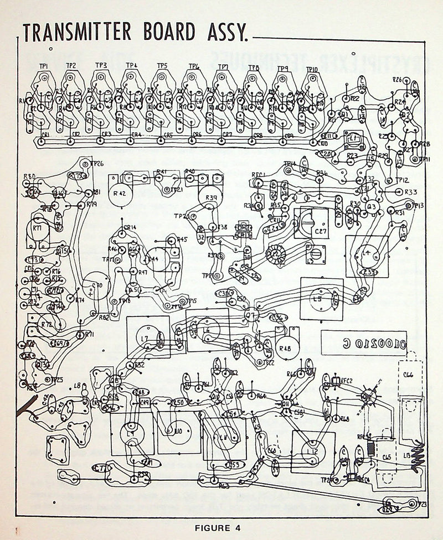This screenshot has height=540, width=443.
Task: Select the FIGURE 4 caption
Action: click(x=218, y=527)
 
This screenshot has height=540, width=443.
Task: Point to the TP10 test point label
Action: click(x=312, y=70)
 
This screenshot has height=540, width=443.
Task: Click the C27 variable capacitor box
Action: click(x=311, y=222)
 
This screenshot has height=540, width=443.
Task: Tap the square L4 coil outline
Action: click(x=367, y=256)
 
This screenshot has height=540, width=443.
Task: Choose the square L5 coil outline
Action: click(x=321, y=298)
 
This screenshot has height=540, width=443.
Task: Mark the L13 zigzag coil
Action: click(x=417, y=456)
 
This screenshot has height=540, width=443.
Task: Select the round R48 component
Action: click(x=287, y=348)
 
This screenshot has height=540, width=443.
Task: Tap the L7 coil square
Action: click(x=148, y=337)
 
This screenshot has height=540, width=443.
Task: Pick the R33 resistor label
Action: click(x=411, y=192)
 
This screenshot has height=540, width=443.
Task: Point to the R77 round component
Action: click(x=37, y=229)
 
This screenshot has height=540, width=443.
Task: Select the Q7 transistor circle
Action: click(x=252, y=315)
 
